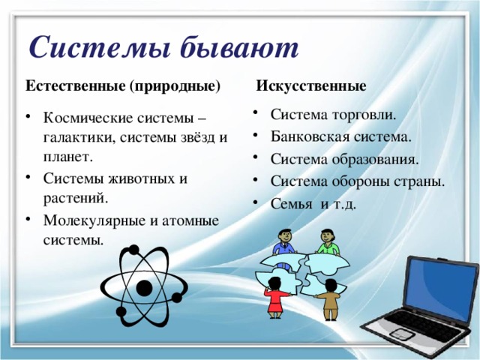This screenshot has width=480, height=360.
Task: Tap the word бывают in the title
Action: (239, 48)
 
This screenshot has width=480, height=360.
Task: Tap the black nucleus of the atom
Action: (143, 286)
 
